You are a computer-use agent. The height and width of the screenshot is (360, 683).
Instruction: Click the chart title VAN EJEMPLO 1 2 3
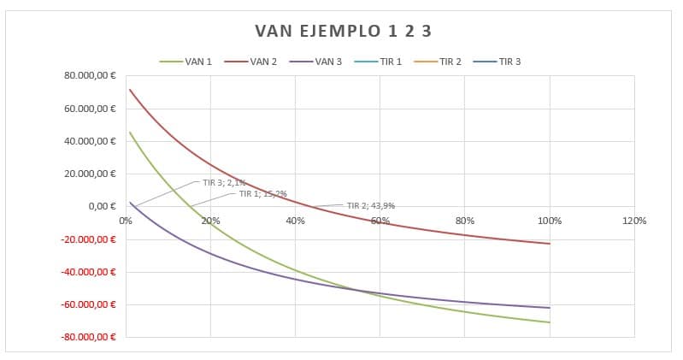344,32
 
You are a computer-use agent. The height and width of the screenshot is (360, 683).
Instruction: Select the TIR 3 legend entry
509,62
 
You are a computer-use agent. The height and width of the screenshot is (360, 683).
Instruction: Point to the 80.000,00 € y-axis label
90,76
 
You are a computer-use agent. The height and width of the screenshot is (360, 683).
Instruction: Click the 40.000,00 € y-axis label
90,141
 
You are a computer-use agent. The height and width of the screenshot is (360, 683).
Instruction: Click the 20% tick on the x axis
210,221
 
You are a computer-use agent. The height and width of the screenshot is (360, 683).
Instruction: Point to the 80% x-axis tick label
465,221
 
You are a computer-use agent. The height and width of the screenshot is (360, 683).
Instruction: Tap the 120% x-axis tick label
634,221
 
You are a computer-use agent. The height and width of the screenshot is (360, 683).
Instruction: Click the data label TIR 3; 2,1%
224,182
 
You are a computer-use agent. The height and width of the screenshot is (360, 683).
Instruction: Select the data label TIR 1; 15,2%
262,193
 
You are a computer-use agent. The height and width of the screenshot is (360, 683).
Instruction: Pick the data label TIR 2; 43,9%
370,205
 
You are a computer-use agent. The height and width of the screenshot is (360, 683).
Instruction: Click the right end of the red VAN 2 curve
550,244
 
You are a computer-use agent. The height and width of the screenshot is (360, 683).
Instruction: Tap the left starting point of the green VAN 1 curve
129,132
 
